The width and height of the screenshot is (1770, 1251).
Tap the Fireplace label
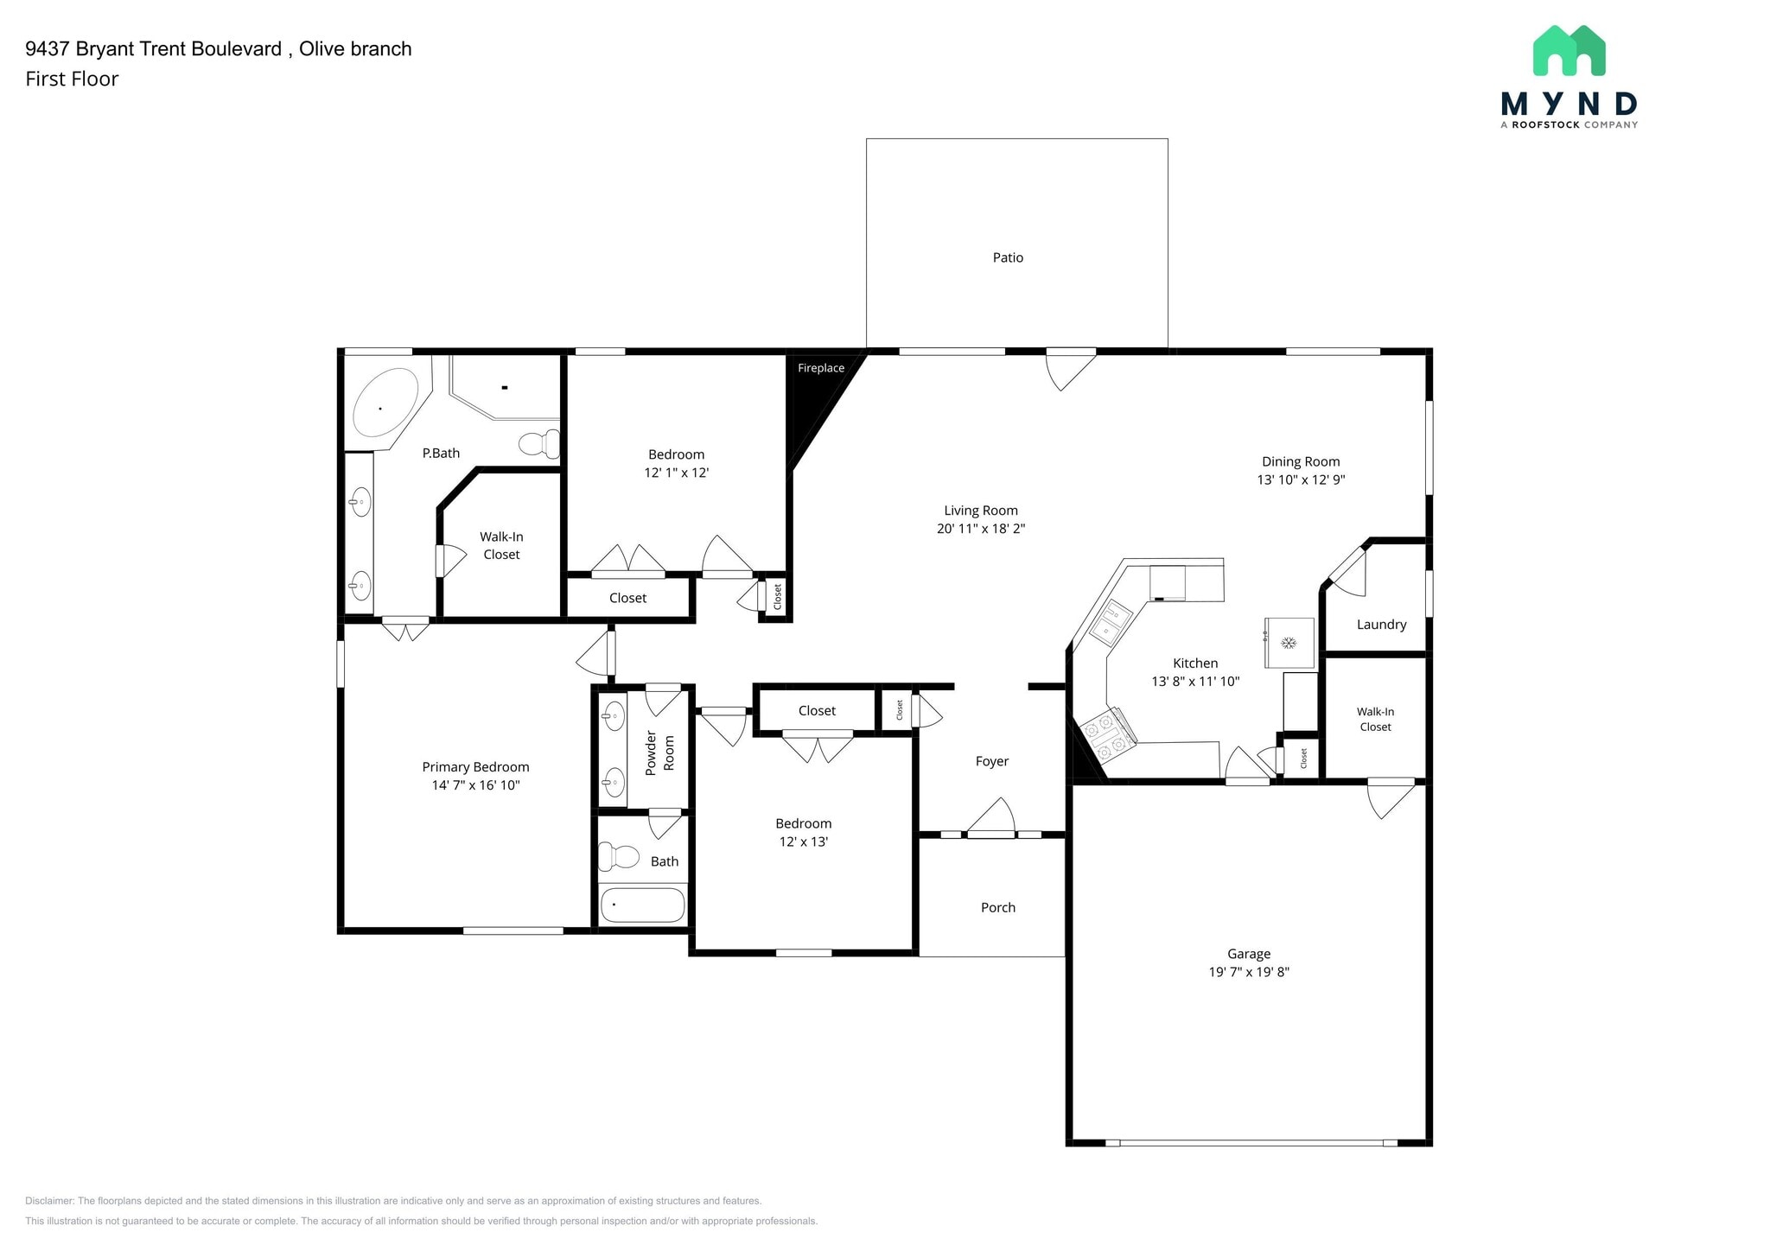[x=821, y=368]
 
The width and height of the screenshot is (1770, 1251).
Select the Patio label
[x=1008, y=257]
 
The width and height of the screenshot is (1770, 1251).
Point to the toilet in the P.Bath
[x=539, y=444]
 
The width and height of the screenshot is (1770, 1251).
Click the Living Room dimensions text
[x=981, y=529]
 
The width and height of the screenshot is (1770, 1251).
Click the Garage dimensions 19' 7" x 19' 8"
[x=1249, y=972]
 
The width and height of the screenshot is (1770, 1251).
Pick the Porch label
[x=998, y=907]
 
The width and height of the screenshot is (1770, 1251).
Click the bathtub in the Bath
[x=642, y=905]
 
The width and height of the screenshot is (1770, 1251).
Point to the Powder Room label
[x=659, y=753]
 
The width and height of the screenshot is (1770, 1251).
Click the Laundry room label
[x=1381, y=625]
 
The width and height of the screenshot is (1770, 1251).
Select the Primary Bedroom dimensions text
[x=475, y=785]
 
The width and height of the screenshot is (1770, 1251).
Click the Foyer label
[x=992, y=761]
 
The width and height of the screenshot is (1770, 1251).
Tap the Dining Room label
[x=1301, y=461]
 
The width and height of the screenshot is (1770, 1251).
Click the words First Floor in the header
[x=72, y=79]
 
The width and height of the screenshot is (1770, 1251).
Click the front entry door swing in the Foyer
[x=990, y=817]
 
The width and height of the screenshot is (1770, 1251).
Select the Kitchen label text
[x=1195, y=663]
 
